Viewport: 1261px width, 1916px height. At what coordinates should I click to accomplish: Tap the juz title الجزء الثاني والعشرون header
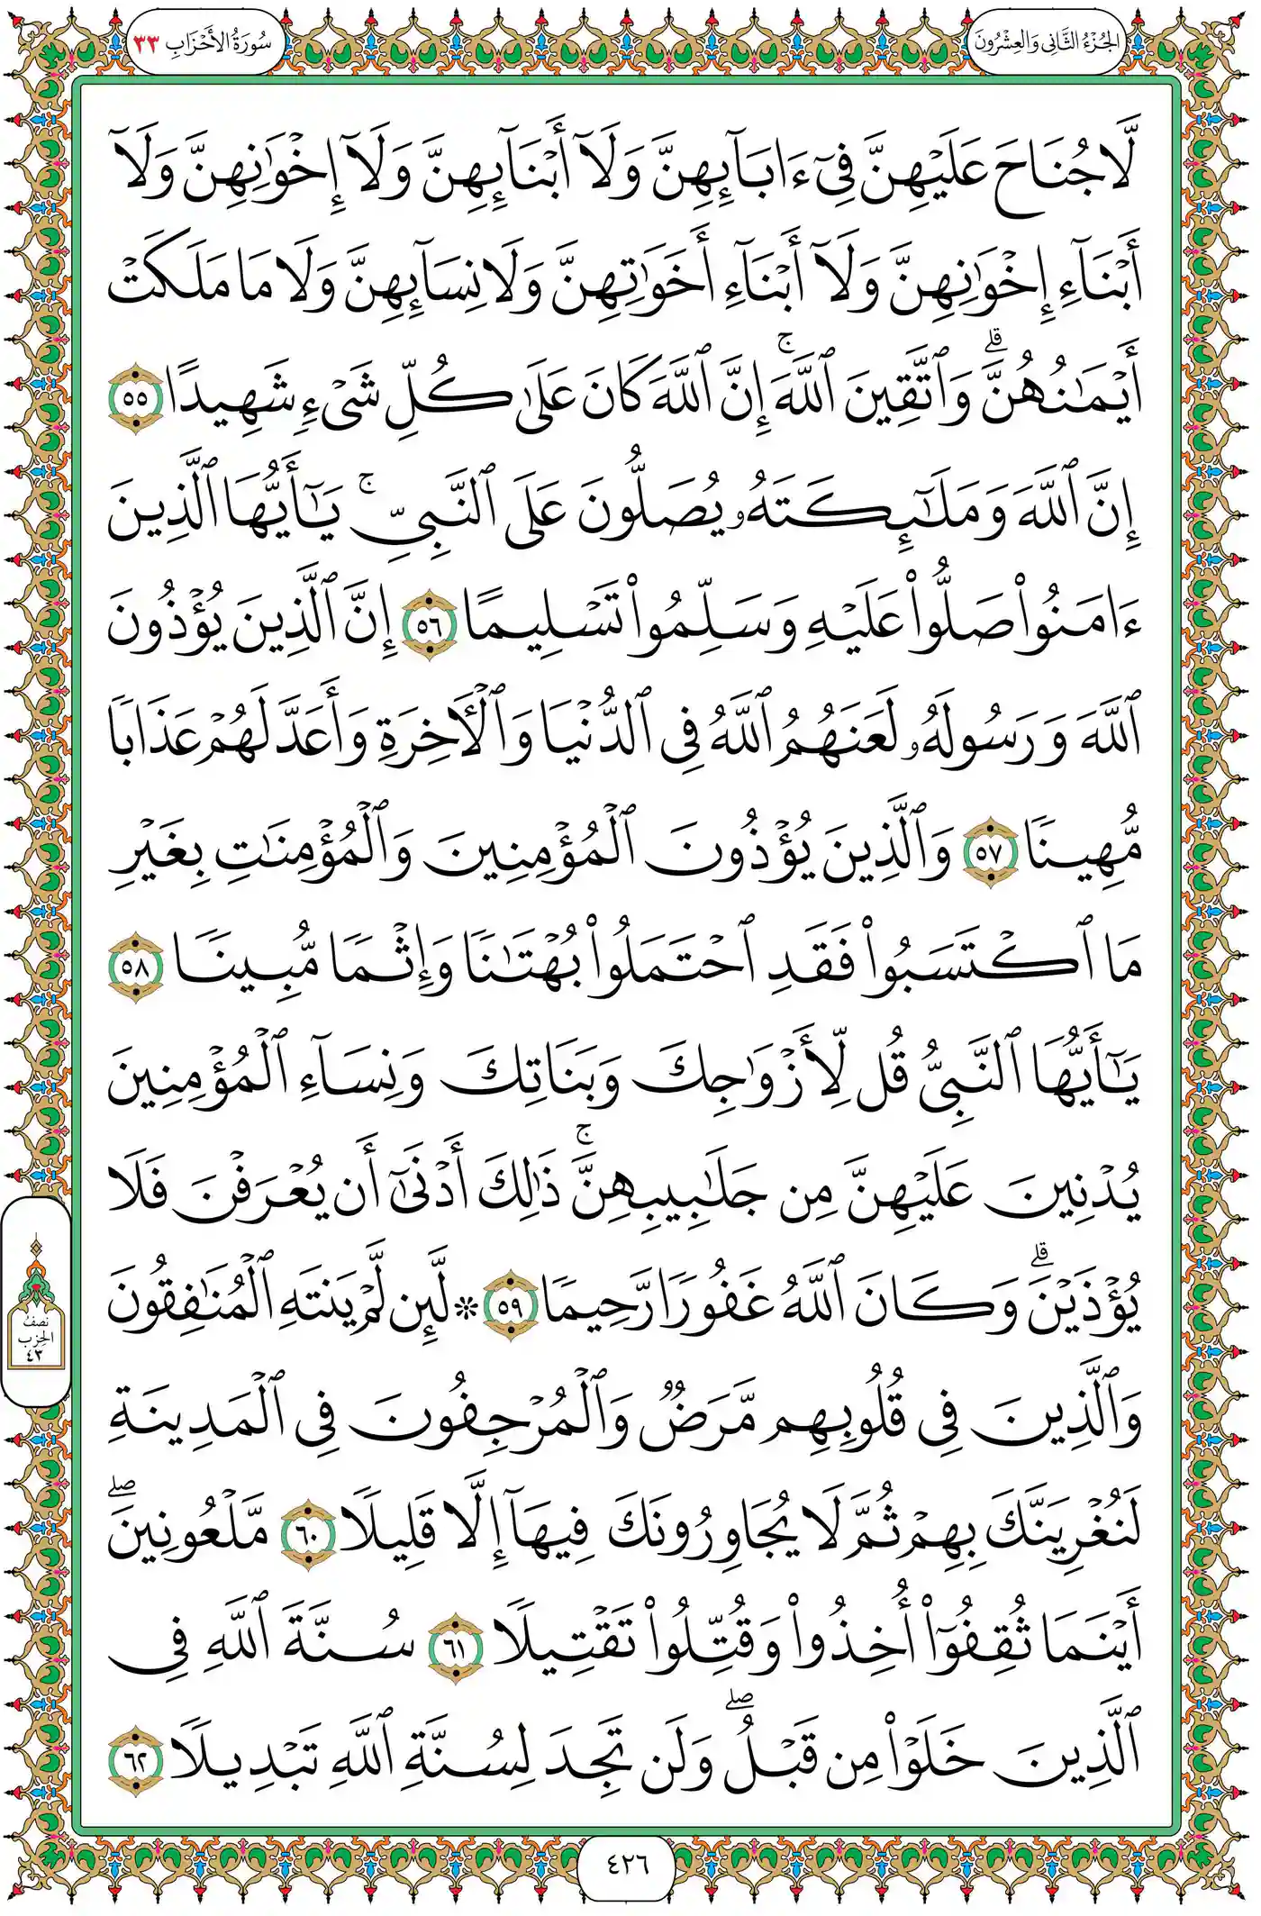1047,42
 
